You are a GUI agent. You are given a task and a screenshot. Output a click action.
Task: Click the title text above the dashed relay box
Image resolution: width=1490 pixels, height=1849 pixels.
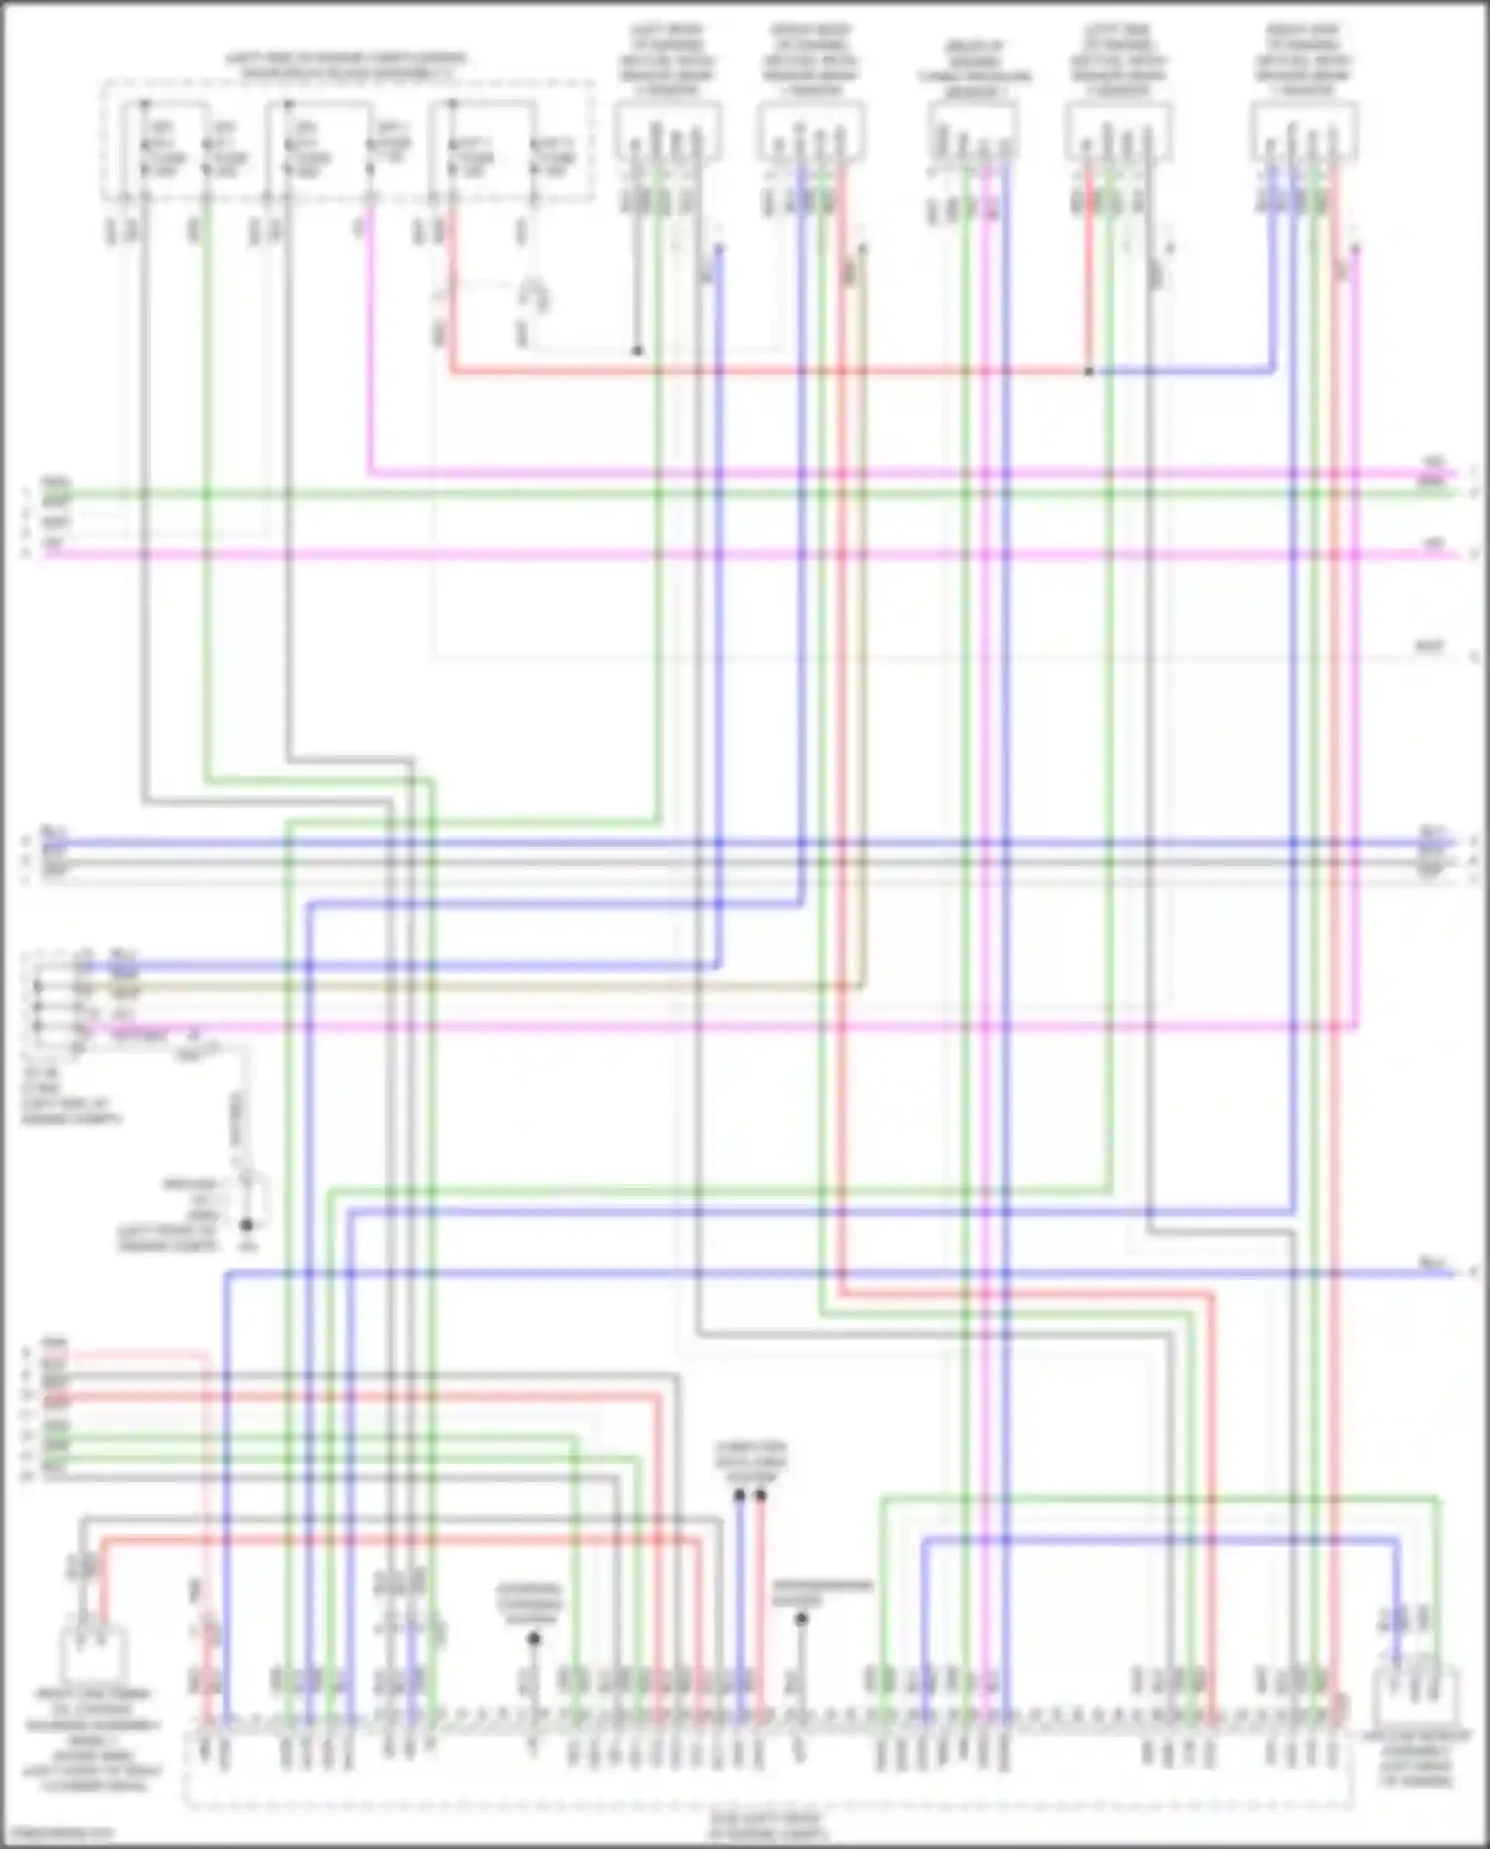point(346,66)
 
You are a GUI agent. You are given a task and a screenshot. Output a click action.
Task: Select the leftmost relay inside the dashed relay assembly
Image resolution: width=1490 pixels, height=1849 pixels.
point(165,144)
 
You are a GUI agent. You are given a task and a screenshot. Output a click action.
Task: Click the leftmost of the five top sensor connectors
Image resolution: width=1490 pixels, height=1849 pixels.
point(667,134)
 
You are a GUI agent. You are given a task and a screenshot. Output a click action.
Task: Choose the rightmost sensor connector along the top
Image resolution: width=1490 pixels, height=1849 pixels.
point(1302,134)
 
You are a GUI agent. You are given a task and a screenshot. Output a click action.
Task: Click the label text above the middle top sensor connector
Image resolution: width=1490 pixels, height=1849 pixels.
point(973,70)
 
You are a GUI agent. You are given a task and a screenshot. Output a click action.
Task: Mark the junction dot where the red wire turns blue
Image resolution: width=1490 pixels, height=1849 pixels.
point(1089,372)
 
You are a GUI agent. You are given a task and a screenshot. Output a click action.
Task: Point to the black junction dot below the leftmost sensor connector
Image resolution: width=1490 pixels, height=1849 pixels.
point(637,351)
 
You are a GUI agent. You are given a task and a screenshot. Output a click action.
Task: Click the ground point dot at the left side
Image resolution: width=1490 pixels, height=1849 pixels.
point(246,1227)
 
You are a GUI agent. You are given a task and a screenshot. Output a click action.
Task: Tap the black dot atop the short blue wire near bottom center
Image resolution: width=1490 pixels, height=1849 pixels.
point(739,1494)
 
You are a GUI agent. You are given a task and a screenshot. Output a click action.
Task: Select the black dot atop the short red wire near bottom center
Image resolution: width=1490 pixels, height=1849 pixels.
point(761,1494)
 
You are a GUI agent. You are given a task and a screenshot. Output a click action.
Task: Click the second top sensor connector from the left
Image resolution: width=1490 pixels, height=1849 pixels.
point(810,134)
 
